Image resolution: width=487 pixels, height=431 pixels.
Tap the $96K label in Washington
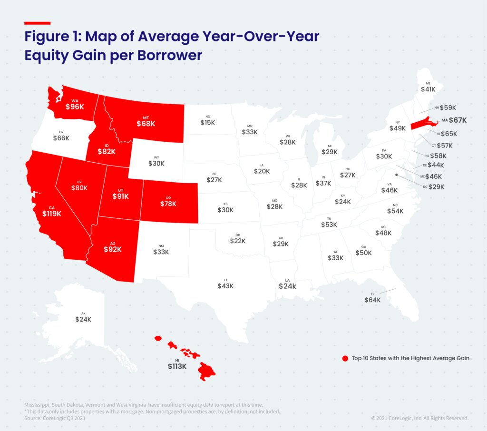pyautogui.click(x=75, y=107)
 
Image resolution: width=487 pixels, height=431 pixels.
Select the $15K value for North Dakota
pyautogui.click(x=207, y=123)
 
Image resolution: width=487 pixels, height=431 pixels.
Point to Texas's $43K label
pyautogui.click(x=225, y=286)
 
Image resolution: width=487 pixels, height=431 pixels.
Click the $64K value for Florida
pyautogui.click(x=372, y=300)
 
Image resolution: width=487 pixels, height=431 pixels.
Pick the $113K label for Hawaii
pyautogui.click(x=177, y=366)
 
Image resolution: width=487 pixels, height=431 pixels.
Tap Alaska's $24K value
pyautogui.click(x=83, y=319)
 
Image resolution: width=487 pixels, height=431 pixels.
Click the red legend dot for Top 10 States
pyautogui.click(x=345, y=358)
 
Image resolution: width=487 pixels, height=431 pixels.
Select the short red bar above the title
pyautogui.click(x=37, y=23)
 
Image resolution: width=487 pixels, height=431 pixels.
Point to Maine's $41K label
pyautogui.click(x=428, y=89)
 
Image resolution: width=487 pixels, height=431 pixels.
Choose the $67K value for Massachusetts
pyautogui.click(x=458, y=120)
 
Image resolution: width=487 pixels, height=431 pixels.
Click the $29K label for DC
pyautogui.click(x=436, y=186)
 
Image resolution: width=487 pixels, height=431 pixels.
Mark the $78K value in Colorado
pyautogui.click(x=168, y=204)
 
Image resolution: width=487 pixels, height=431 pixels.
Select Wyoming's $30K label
pyautogui.click(x=156, y=163)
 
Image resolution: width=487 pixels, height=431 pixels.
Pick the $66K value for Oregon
pyautogui.click(x=61, y=138)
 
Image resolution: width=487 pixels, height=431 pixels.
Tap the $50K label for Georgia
pyautogui.click(x=364, y=253)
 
